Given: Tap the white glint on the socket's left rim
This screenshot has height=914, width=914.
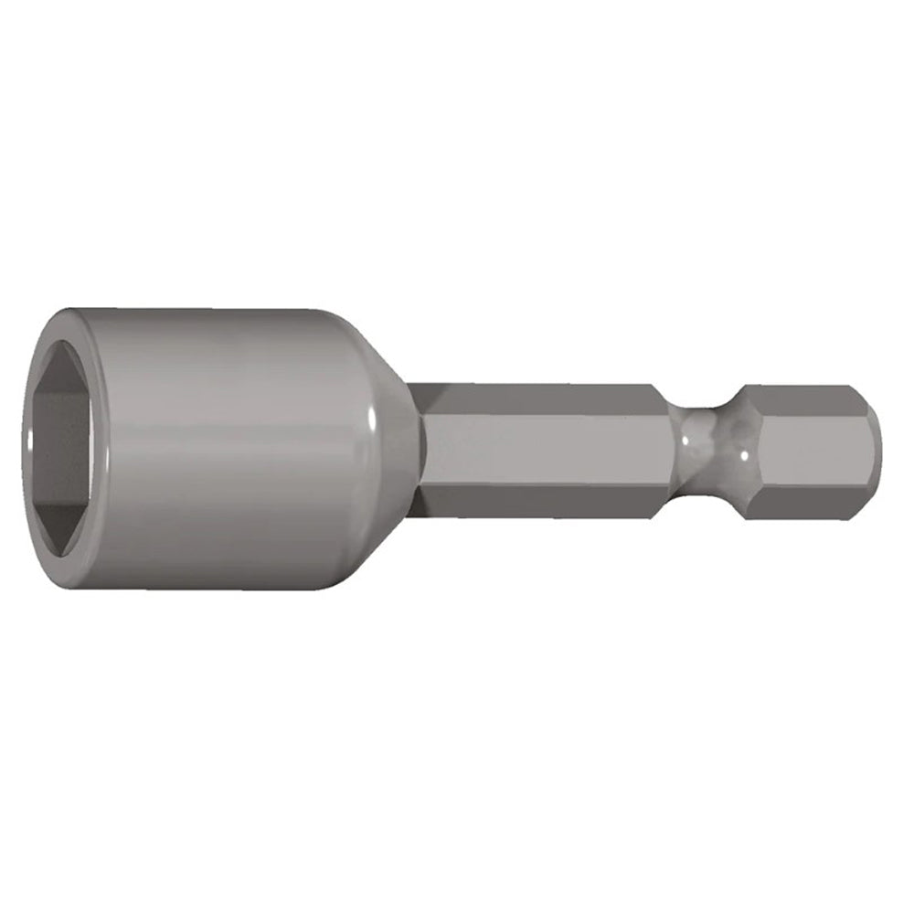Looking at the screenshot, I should [30, 441].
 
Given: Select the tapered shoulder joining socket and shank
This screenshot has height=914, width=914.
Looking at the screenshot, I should [388, 448].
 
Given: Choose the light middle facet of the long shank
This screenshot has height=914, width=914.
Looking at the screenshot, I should [548, 448].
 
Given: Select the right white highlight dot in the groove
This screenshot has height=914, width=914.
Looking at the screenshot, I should [744, 453].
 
